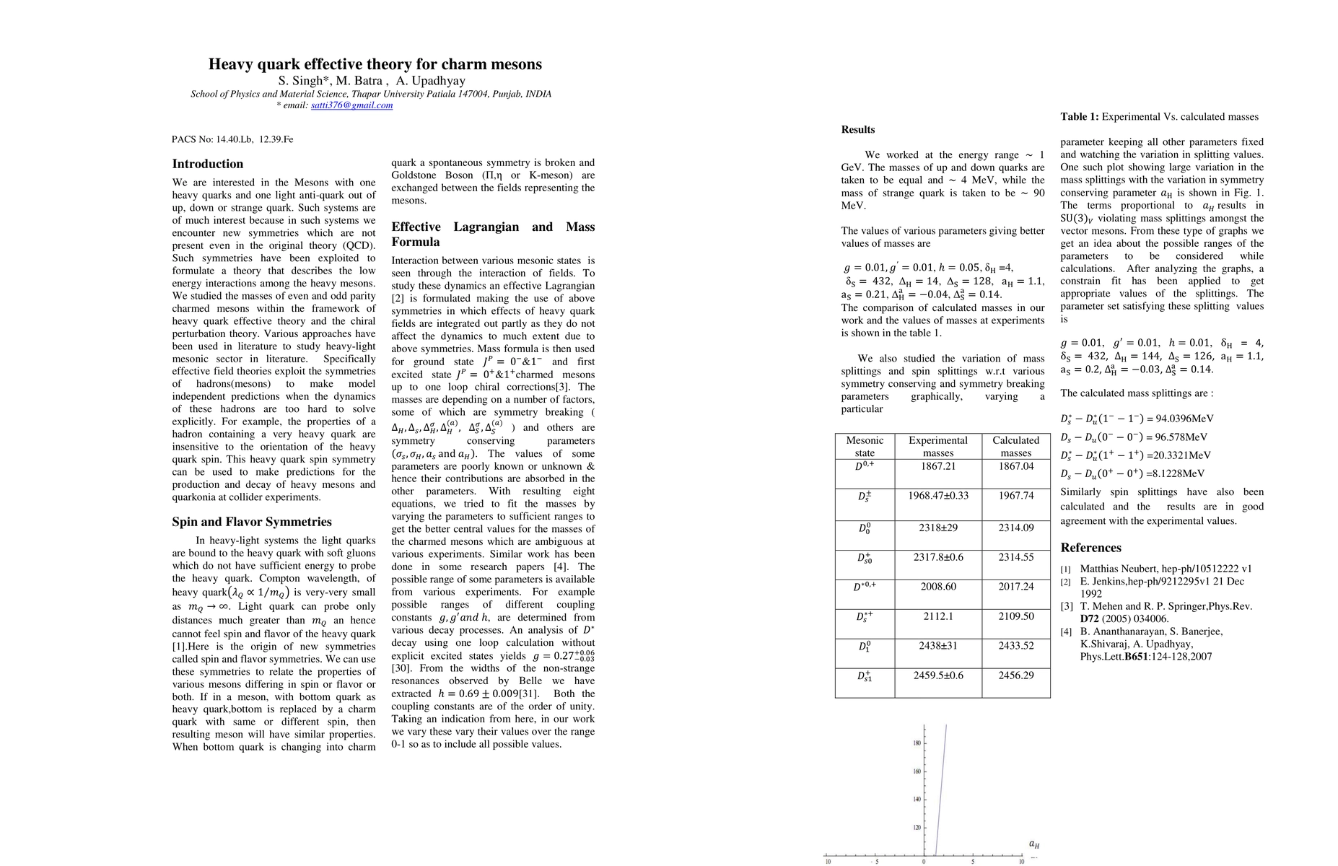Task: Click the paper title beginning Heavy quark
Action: click(375, 64)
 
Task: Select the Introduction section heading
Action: click(208, 164)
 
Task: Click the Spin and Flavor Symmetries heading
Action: click(252, 522)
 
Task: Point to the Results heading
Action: click(857, 130)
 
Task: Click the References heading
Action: click(1090, 548)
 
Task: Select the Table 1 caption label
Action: click(1079, 117)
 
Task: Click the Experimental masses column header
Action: click(937, 446)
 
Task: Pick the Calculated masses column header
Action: click(1015, 446)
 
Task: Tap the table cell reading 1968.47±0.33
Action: click(937, 496)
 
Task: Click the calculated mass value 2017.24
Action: click(1015, 587)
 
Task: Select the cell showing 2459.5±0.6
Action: click(937, 675)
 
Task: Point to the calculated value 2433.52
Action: click(1015, 646)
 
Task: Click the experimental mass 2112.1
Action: click(937, 616)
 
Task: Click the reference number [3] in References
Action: click(1066, 607)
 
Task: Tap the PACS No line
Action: click(232, 139)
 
